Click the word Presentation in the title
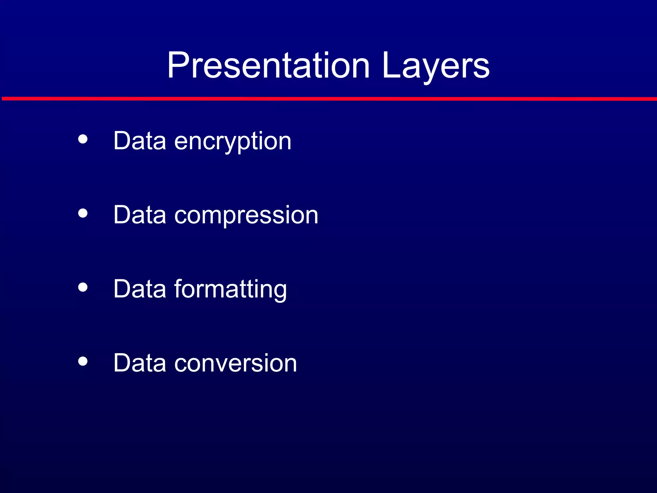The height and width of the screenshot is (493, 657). point(268,66)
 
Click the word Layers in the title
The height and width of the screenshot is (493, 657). point(436,66)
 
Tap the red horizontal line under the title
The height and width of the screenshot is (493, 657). point(328,99)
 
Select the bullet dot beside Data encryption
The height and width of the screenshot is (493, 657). point(83,139)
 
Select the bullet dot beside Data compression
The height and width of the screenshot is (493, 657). point(83,213)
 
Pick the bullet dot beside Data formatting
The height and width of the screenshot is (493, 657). point(83,287)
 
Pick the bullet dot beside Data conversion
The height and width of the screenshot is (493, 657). point(83,361)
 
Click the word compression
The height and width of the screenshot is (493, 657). point(246,215)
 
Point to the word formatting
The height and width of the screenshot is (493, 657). point(230,289)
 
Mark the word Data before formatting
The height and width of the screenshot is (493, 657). point(140,289)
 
